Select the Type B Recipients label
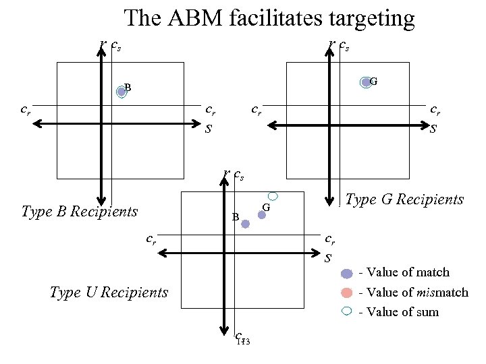pos(79,212)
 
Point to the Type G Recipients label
pos(404,200)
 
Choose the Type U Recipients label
pos(109,292)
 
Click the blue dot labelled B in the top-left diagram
pos(121,91)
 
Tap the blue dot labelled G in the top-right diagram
pos(366,82)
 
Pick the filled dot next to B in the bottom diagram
pos(246,224)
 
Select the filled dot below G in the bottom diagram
pos(262,216)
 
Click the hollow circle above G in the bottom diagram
pos(273,195)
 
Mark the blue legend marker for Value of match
pos(347,273)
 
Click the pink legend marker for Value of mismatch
pos(347,293)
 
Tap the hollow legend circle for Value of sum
pos(347,311)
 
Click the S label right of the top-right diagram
pos(433,128)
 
